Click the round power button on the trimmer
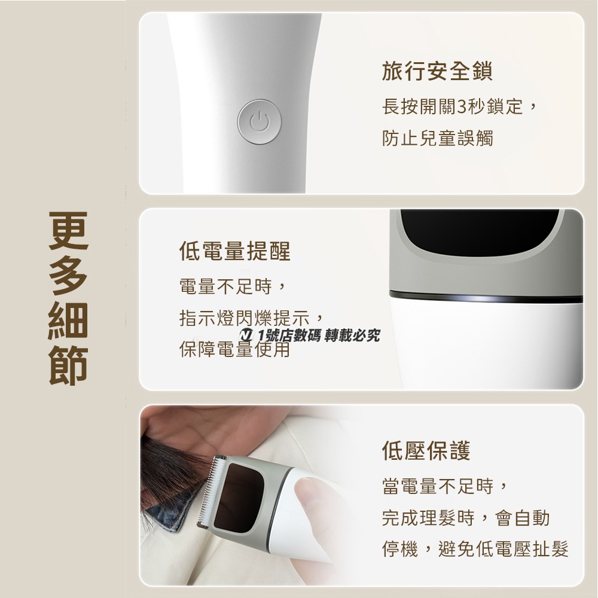(x=260, y=121)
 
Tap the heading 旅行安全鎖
(x=437, y=72)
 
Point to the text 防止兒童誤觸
(x=437, y=139)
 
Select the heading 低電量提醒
(x=235, y=251)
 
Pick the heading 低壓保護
(x=426, y=450)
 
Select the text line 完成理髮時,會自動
(x=465, y=518)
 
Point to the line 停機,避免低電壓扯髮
(x=475, y=548)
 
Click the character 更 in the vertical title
(x=69, y=233)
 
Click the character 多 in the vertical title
(x=69, y=276)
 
